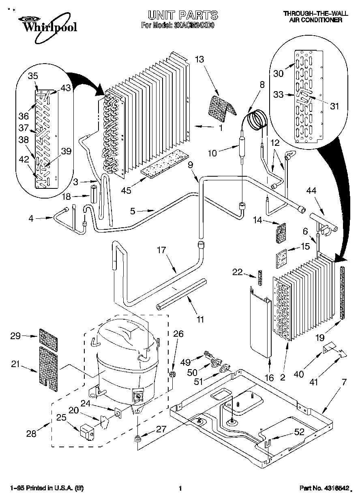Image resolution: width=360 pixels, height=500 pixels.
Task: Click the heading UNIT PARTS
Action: tap(182, 15)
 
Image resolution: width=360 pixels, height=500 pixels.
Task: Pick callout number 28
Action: tap(31, 434)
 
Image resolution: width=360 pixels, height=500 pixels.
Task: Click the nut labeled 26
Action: tap(172, 373)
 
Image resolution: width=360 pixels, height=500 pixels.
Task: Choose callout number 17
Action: tap(161, 250)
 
